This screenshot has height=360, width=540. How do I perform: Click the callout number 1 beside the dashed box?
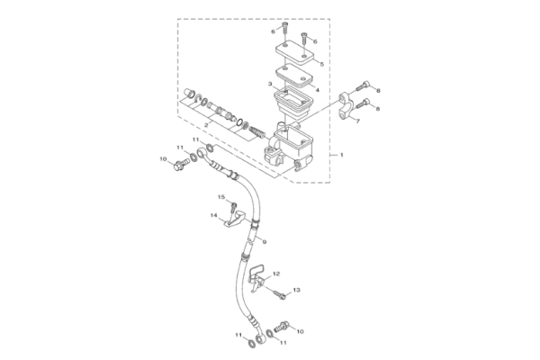pyautogui.click(x=342, y=155)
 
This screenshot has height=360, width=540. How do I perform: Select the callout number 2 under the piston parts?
pyautogui.click(x=206, y=125)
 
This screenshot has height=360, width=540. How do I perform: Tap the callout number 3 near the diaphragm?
pyautogui.click(x=270, y=84)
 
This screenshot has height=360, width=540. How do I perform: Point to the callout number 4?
pyautogui.click(x=318, y=90)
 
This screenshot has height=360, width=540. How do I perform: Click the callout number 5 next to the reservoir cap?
pyautogui.click(x=322, y=64)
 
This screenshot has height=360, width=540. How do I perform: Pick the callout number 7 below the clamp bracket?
pyautogui.click(x=358, y=121)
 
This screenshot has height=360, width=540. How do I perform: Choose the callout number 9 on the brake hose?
pyautogui.click(x=265, y=242)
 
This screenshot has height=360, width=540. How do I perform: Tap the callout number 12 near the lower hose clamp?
pyautogui.click(x=276, y=274)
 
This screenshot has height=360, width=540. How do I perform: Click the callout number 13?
pyautogui.click(x=296, y=290)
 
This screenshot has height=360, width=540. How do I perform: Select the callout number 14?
pyautogui.click(x=214, y=215)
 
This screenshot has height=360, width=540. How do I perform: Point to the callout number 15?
pyautogui.click(x=221, y=197)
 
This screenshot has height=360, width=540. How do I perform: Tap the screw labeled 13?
pyautogui.click(x=279, y=294)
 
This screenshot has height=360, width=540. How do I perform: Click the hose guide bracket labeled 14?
pyautogui.click(x=235, y=220)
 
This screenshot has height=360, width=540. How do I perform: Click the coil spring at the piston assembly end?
pyautogui.click(x=256, y=131)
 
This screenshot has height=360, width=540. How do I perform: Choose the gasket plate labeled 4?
pyautogui.click(x=294, y=76)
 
